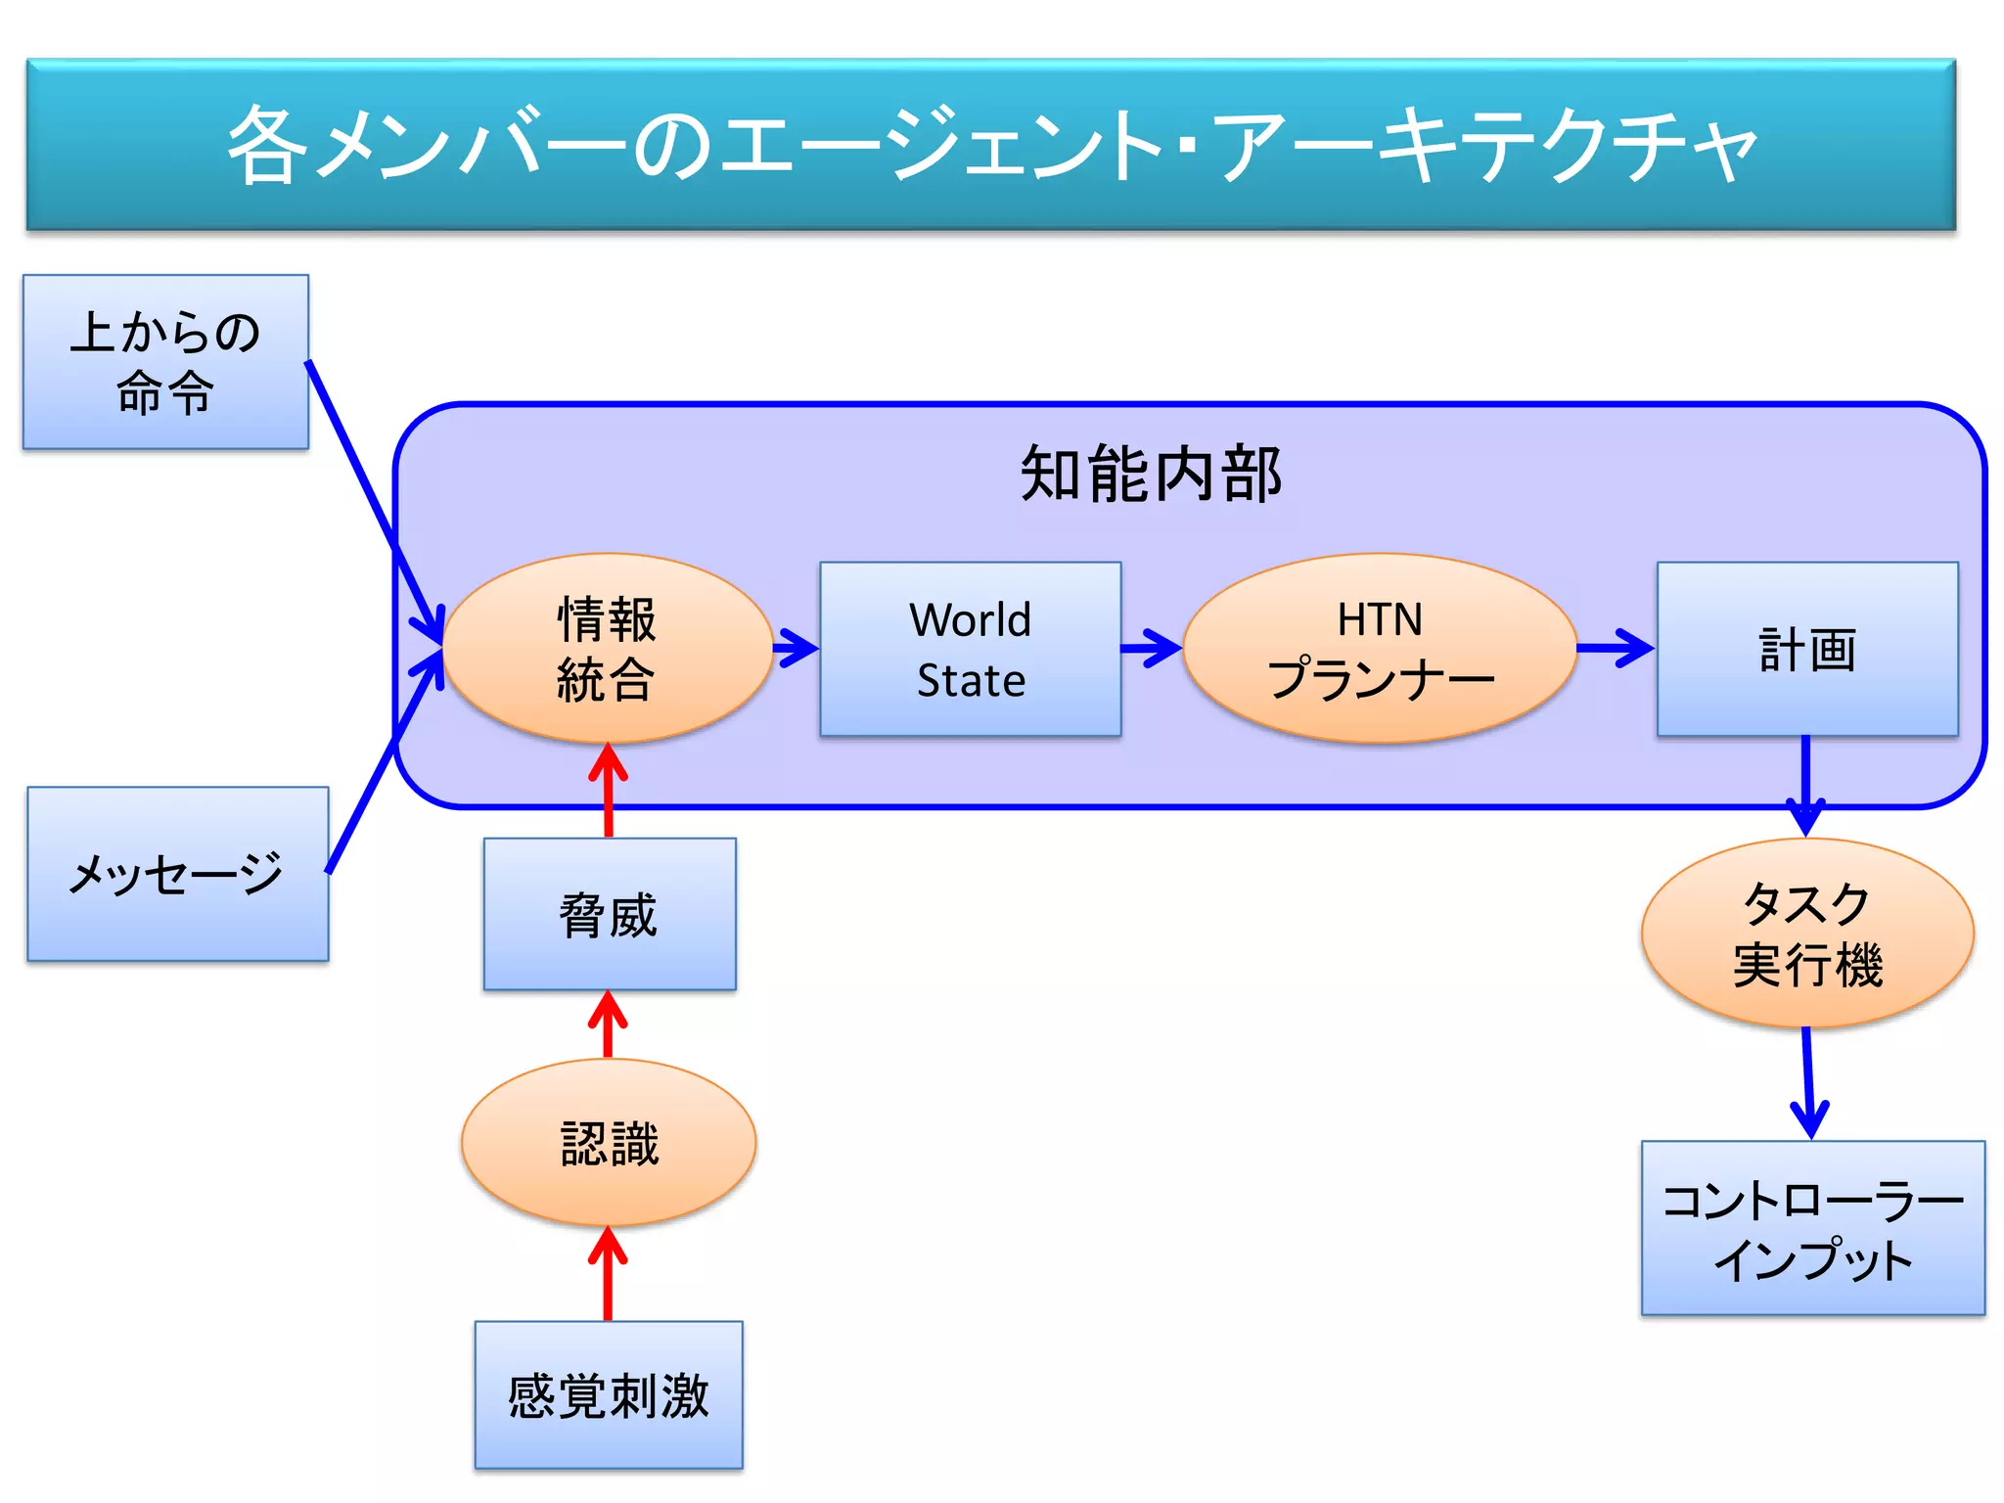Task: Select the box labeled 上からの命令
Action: [x=165, y=362]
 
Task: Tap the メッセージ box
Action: [x=177, y=874]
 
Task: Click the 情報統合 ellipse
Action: [x=607, y=649]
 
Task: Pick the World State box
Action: [x=970, y=649]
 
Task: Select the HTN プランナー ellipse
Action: [x=1380, y=649]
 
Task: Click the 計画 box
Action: [x=1806, y=649]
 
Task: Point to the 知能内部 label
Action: [x=1151, y=475]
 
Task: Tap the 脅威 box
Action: [x=609, y=914]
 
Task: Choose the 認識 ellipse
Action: [x=609, y=1142]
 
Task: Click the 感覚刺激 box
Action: [x=608, y=1394]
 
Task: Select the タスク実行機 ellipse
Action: [x=1806, y=933]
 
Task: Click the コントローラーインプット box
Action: [x=1812, y=1228]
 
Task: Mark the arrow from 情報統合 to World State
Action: [x=795, y=648]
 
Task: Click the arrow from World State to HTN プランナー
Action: [x=1152, y=648]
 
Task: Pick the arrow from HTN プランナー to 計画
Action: [x=1615, y=648]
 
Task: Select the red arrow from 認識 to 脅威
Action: [x=608, y=1025]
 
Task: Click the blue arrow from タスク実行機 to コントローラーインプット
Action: [x=1808, y=1081]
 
